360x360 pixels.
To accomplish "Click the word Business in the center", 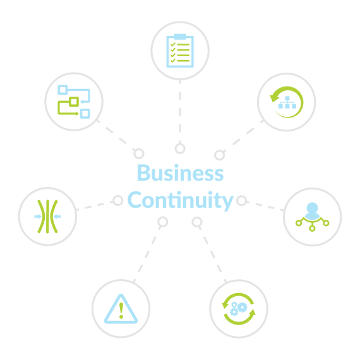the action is pyautogui.click(x=180, y=172).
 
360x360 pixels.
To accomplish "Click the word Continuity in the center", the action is pyautogui.click(x=181, y=200).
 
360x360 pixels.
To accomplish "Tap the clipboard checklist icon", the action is pyautogui.click(x=180, y=51).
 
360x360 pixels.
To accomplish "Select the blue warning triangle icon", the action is pyautogui.click(x=121, y=308).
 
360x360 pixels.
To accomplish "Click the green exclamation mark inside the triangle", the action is pyautogui.click(x=121, y=310).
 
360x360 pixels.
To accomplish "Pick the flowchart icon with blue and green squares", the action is pyautogui.click(x=74, y=102).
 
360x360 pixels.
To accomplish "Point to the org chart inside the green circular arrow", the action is pyautogui.click(x=287, y=102).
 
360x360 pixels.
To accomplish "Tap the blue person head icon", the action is pyautogui.click(x=312, y=210).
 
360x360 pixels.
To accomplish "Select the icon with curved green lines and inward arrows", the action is pyautogui.click(x=47, y=217).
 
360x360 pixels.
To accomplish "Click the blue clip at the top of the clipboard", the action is pyautogui.click(x=180, y=37).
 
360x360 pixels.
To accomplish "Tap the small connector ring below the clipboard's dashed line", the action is pyautogui.click(x=180, y=148).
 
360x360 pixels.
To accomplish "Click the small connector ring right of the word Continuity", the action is pyautogui.click(x=241, y=201).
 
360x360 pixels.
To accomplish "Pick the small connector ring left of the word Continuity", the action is pyautogui.click(x=118, y=200).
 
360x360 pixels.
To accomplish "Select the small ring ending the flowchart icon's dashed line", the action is pyautogui.click(x=139, y=153).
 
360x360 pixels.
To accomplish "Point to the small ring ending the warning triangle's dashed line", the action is pyautogui.click(x=163, y=222).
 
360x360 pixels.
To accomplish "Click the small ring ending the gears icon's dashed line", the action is pyautogui.click(x=197, y=222).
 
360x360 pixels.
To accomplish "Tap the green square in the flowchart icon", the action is pyautogui.click(x=74, y=102).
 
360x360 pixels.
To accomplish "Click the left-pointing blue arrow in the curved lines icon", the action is pyautogui.click(x=57, y=216).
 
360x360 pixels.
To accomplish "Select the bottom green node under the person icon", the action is pyautogui.click(x=312, y=228).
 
